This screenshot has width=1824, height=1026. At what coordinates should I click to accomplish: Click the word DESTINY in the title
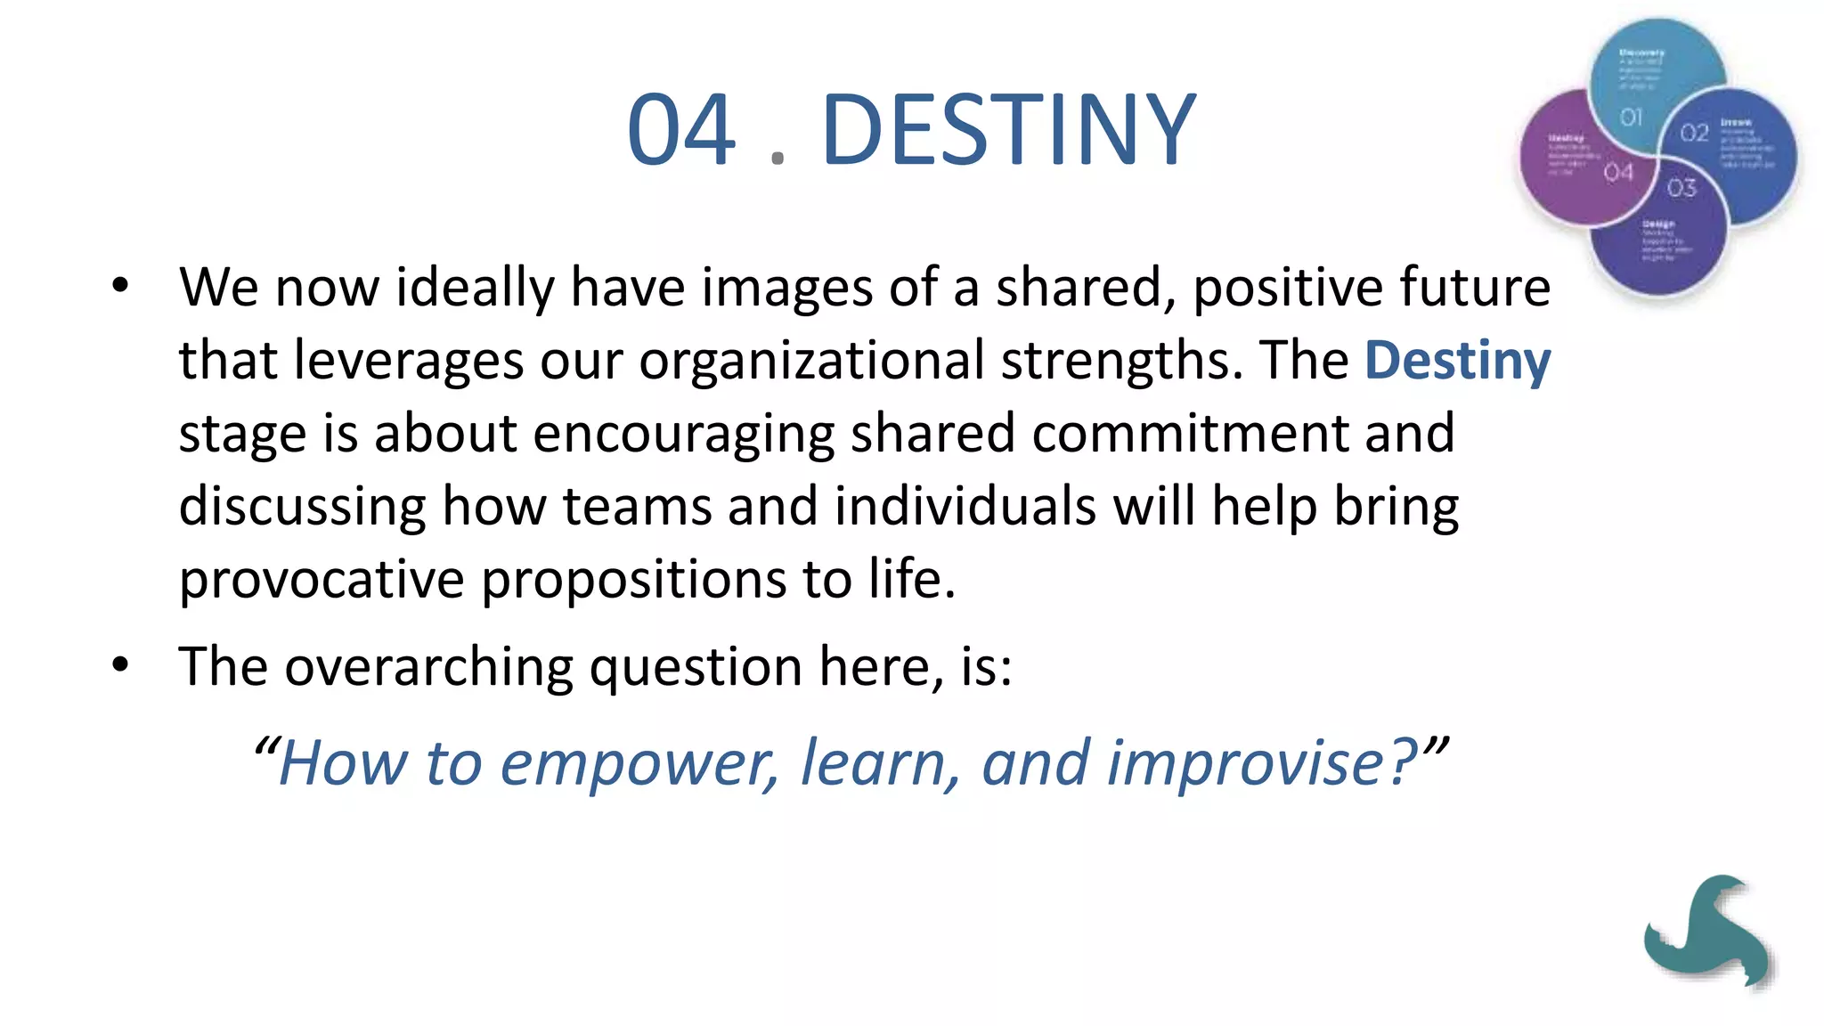1008,130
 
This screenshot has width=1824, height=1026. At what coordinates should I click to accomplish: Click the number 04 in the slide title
681,130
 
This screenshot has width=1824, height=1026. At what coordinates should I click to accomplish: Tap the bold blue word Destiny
1457,361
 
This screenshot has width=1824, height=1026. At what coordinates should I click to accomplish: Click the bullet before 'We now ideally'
121,287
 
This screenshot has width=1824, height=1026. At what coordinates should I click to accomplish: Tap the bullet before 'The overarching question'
121,665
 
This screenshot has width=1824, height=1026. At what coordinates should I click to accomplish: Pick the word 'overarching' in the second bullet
428,667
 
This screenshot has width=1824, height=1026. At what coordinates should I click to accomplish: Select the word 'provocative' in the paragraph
322,581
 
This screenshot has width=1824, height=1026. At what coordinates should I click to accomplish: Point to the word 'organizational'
811,362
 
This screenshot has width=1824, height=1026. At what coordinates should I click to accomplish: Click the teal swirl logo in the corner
1706,931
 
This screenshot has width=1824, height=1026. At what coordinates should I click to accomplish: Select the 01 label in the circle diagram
1631,118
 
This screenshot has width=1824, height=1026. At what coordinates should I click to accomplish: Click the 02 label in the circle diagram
1694,134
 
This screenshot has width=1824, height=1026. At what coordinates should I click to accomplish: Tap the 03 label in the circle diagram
1681,188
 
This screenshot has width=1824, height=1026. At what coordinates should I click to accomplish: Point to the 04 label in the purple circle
1618,173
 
